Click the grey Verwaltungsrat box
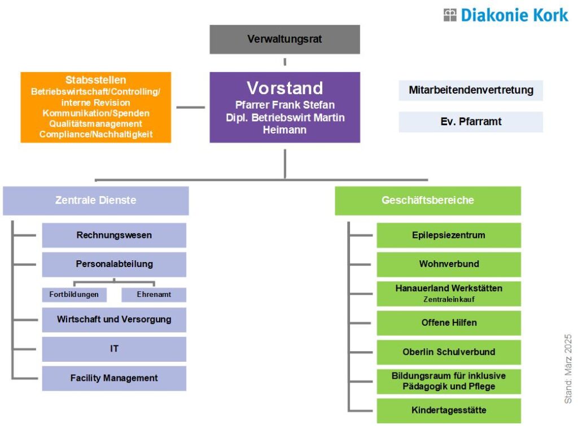284,39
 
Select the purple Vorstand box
284,107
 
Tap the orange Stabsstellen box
95,107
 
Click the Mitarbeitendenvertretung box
471,90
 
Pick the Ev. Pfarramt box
471,122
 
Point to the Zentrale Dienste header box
95,201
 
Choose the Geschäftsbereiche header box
427,201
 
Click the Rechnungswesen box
114,236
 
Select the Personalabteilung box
114,264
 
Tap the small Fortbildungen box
74,295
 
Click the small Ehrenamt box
154,295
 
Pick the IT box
114,349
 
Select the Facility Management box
114,379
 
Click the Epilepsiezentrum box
448,236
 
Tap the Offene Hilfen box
448,323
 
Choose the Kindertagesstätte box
448,410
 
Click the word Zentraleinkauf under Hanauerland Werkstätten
449,299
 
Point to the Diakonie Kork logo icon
450,15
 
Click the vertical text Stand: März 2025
568,369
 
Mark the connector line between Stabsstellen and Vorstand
190,107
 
